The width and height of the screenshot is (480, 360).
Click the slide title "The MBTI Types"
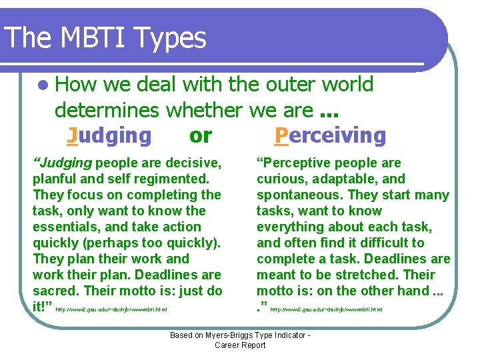coord(105,39)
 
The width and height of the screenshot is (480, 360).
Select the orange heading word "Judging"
coord(110,135)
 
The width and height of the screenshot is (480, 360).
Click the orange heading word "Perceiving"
coord(331,135)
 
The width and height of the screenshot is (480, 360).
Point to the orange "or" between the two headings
coord(200,135)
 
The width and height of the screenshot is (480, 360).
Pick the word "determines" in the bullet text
coord(107,109)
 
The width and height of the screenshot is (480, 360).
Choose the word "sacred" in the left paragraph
coord(55,291)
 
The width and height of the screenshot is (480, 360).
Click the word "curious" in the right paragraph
coord(279,179)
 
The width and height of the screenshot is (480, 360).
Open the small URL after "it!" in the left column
coord(111,309)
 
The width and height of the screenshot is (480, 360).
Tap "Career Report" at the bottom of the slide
coord(239,345)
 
